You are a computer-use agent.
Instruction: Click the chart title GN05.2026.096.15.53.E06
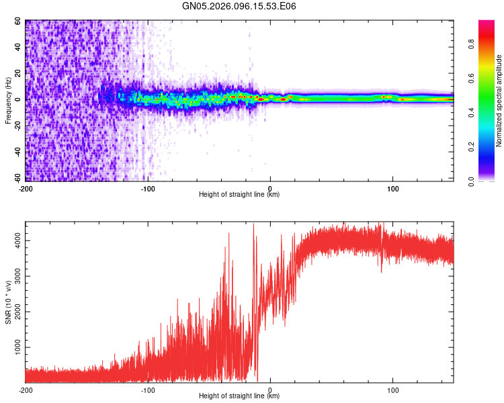click(239, 6)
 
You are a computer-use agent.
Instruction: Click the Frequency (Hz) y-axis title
click(8, 100)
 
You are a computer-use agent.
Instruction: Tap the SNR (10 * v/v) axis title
click(8, 302)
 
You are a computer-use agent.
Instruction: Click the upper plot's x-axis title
click(239, 194)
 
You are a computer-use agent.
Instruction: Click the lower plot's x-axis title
click(239, 396)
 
